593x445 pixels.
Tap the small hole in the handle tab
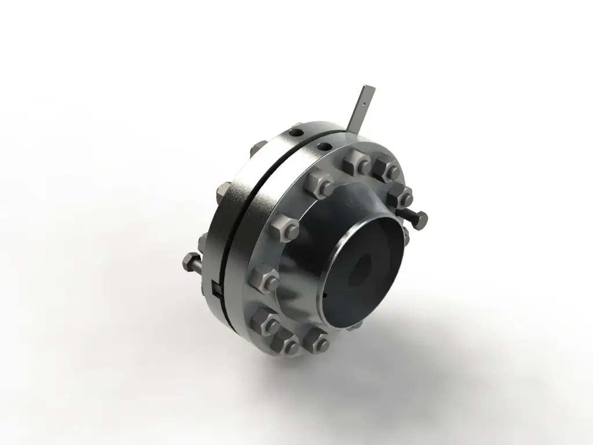[x=363, y=104]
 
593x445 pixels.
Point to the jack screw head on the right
[x=419, y=220]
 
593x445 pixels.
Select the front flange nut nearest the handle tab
[x=356, y=163]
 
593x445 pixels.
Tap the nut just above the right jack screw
[x=400, y=195]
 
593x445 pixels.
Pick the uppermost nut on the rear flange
[x=260, y=147]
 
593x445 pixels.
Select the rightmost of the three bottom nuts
[x=316, y=342]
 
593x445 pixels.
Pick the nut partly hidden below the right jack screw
[x=405, y=235]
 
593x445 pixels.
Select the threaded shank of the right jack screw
[x=406, y=216]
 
